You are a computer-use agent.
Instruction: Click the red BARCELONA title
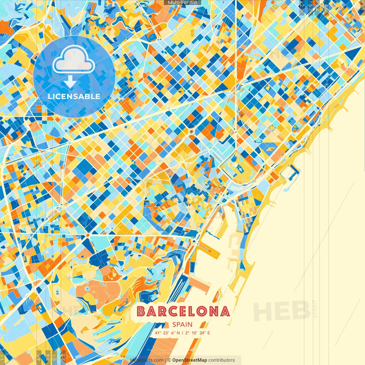183,311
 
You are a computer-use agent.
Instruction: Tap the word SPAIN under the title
182,325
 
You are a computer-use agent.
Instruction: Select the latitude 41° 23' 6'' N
167,333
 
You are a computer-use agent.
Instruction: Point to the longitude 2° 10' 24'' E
197,333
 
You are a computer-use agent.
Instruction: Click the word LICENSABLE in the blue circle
74,96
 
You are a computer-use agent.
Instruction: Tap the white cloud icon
74,59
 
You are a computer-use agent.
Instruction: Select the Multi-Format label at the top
182,3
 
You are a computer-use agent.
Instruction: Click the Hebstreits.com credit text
147,360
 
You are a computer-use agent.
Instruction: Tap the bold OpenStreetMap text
190,360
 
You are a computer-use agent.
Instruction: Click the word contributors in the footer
222,360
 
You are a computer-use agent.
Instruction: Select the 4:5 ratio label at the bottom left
39,358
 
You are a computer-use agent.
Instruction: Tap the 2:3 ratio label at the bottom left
63,358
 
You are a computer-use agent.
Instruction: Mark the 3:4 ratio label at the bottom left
48,358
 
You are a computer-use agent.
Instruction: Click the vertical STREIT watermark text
315,309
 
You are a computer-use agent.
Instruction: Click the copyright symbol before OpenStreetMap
169,360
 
